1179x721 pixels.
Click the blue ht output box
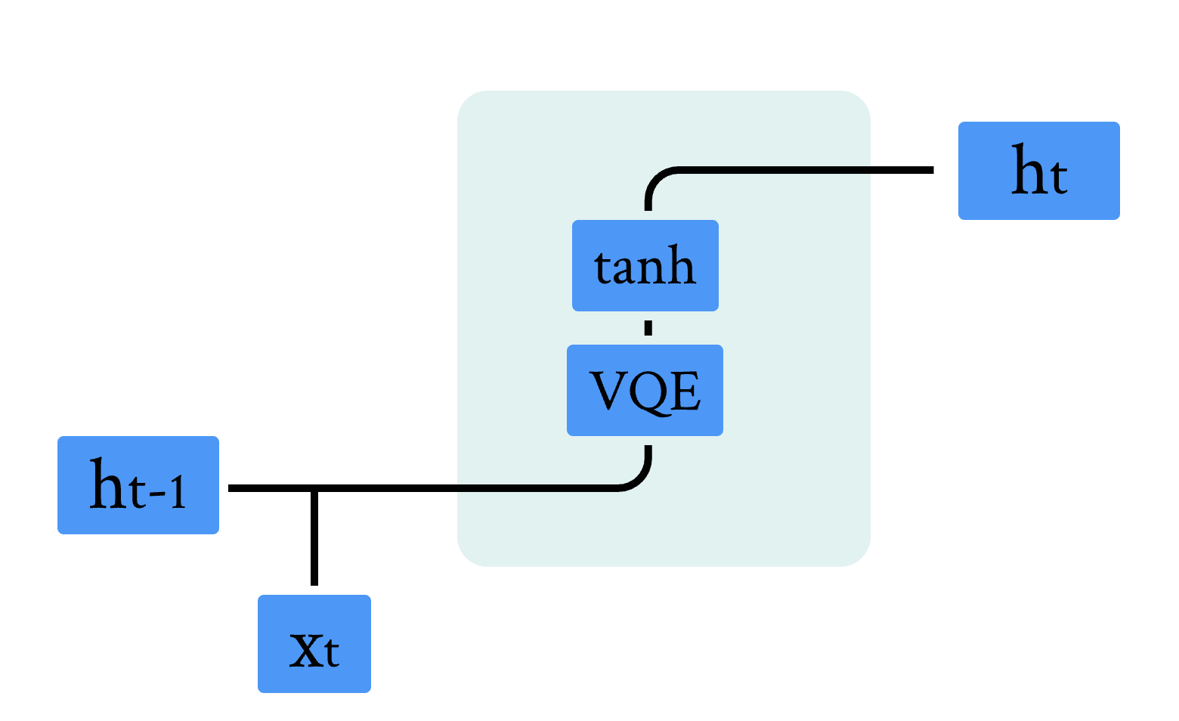click(x=1038, y=171)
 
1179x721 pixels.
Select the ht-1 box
click(x=138, y=485)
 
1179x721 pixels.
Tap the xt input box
click(x=314, y=643)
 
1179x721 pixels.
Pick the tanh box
click(x=645, y=265)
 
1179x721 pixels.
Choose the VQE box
click(x=645, y=390)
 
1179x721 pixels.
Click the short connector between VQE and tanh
click(x=648, y=328)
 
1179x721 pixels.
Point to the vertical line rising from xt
click(x=314, y=538)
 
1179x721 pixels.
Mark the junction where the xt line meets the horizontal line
click(x=314, y=489)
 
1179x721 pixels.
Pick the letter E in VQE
click(x=686, y=391)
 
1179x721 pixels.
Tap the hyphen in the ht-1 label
click(x=156, y=495)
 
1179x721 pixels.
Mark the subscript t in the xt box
click(x=330, y=651)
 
